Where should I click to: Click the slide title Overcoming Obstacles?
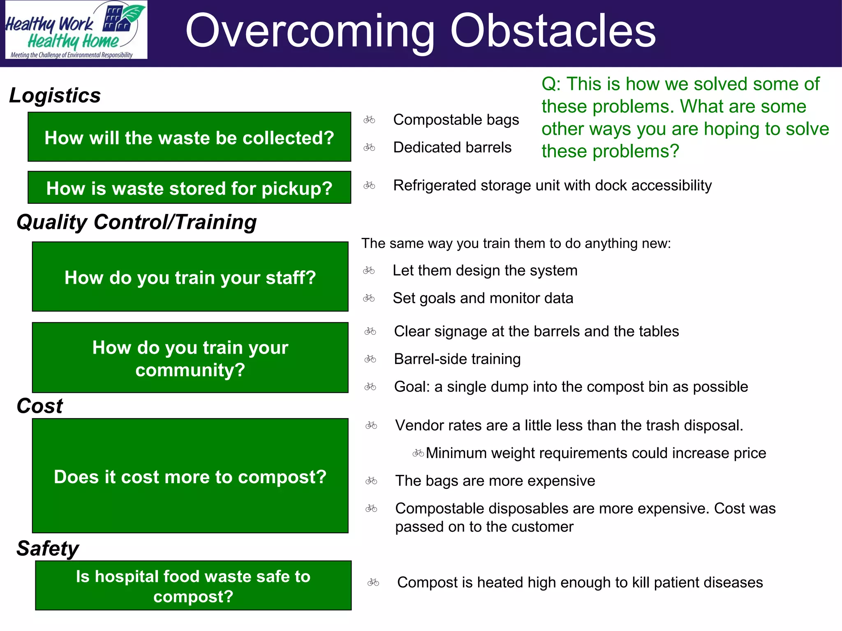(x=420, y=31)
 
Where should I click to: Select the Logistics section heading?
(x=55, y=95)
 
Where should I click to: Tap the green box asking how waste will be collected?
(x=189, y=137)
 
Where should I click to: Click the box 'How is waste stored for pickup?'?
(x=189, y=188)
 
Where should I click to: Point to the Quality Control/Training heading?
(x=136, y=222)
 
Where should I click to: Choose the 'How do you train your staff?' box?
(x=190, y=277)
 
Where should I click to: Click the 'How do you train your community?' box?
(x=190, y=358)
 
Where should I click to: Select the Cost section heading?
(x=39, y=406)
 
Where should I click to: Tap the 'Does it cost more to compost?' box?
(x=190, y=476)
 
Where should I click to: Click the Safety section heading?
(x=48, y=548)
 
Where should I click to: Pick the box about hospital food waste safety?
(x=193, y=585)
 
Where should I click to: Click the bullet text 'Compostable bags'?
(x=456, y=120)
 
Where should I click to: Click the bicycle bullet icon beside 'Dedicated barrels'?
(x=369, y=147)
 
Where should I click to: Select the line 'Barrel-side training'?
(x=457, y=359)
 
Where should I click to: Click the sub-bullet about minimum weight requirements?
(x=595, y=453)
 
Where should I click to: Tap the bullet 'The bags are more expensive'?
(x=495, y=481)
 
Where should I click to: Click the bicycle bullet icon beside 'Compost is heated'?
(x=373, y=583)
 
